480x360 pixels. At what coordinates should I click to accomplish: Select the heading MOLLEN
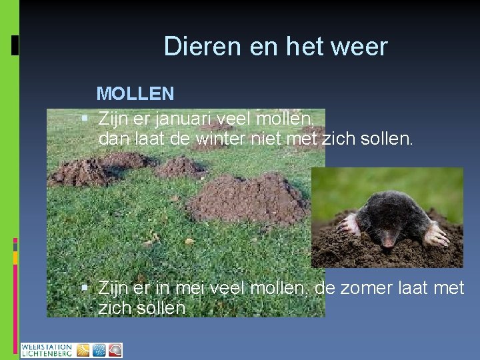tap(135, 93)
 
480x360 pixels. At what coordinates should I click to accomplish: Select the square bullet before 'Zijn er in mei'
tap(85, 288)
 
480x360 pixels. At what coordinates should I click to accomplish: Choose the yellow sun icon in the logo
tap(83, 350)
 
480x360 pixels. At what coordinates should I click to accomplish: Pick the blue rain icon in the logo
tap(99, 350)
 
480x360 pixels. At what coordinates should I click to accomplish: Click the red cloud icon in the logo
tap(115, 350)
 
